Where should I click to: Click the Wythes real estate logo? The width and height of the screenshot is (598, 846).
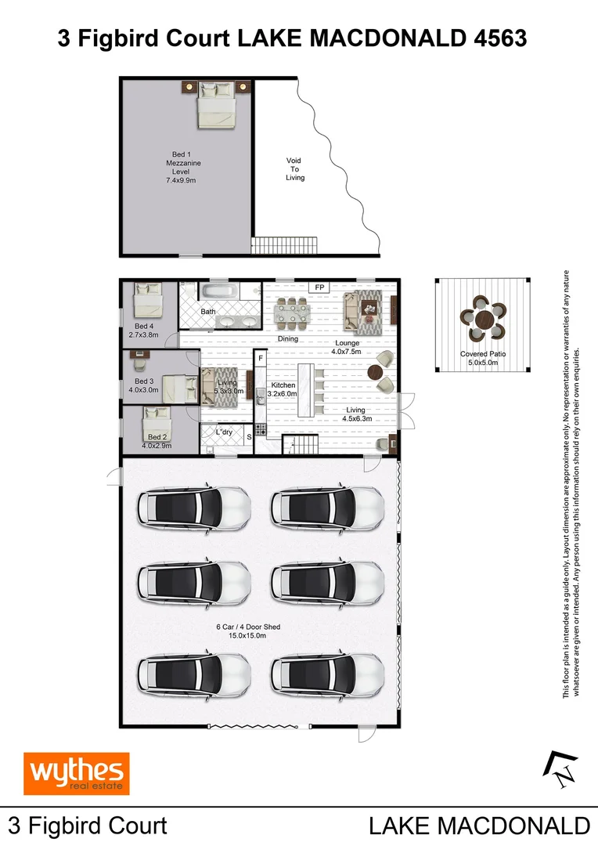click(x=76, y=774)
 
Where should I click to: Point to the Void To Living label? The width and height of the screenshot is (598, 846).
click(x=294, y=169)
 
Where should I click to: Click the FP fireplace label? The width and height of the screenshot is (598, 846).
click(x=319, y=288)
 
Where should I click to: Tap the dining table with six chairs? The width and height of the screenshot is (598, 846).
click(x=292, y=313)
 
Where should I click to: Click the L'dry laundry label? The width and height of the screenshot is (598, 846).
click(x=225, y=432)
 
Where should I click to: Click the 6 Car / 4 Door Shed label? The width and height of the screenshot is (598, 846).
click(x=247, y=631)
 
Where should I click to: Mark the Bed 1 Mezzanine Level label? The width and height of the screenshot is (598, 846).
click(x=178, y=167)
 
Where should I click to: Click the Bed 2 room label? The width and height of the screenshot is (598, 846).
click(x=157, y=441)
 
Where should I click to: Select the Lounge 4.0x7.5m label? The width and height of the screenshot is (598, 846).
click(x=348, y=347)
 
